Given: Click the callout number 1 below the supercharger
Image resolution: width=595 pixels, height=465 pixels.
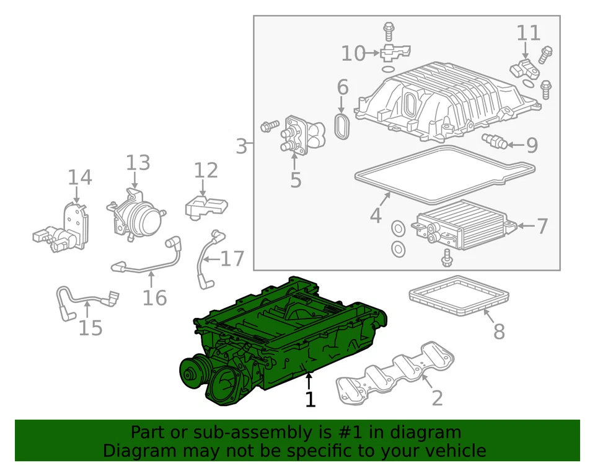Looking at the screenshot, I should tap(310, 399).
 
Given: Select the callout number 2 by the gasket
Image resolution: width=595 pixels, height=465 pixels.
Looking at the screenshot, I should tap(437, 397).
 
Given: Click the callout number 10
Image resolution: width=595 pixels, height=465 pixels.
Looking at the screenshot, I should tap(353, 53).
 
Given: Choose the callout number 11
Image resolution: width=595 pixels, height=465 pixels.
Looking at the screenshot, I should tap(528, 32).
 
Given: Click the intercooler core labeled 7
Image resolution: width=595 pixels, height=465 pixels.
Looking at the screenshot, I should tap(465, 225).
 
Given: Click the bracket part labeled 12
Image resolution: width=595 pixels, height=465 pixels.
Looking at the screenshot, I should tap(206, 205).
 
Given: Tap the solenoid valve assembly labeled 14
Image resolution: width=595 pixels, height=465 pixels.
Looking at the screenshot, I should tap(62, 230).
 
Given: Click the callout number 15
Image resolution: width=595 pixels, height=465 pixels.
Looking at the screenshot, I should tap(90, 327).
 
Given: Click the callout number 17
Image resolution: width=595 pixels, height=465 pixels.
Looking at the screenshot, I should tap(232, 258).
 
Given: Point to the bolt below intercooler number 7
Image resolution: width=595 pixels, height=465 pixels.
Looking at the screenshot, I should tap(446, 256).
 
